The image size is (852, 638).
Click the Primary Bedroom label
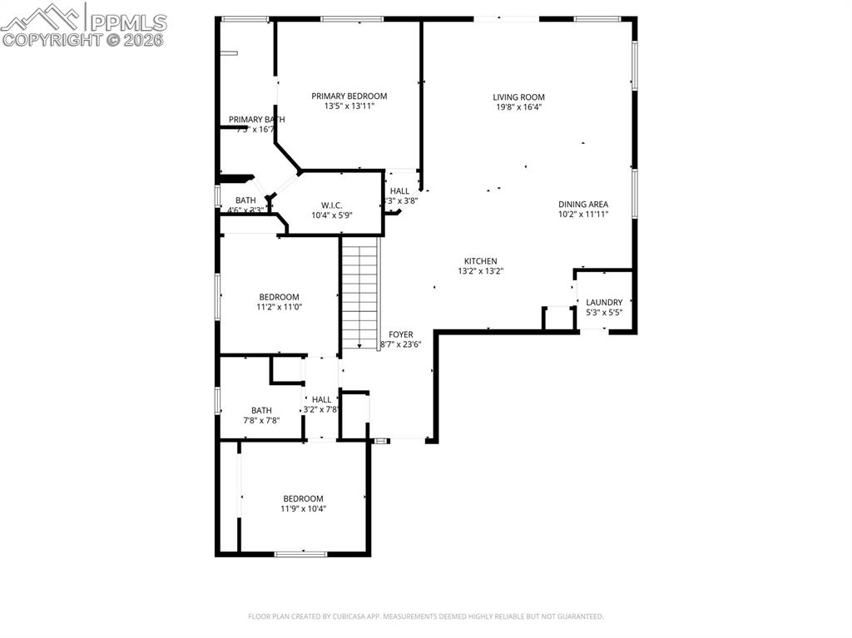tap(349, 96)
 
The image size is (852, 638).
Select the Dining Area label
tap(582, 204)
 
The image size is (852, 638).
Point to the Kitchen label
tap(480, 261)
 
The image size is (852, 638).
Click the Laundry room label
tap(604, 302)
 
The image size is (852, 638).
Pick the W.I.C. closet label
tap(332, 205)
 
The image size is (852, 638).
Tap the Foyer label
tap(401, 334)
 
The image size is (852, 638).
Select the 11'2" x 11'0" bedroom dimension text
tap(279, 307)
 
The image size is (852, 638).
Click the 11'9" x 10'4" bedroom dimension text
tap(302, 508)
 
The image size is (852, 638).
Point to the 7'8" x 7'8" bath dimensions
tap(261, 420)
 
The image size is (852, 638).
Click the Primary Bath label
tap(256, 119)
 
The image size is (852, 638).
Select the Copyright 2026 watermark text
tap(82, 39)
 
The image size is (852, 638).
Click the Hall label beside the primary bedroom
tap(399, 190)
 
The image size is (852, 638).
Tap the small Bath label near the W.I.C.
tap(245, 200)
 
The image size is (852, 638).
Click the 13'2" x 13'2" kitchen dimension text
tap(480, 271)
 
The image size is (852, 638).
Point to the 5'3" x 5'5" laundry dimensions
tap(604, 313)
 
